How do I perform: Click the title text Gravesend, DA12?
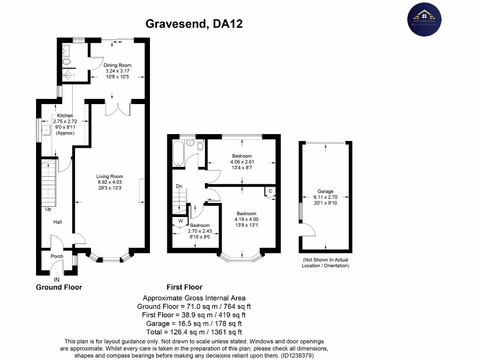[x=194, y=23]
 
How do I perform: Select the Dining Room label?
[x=117, y=65]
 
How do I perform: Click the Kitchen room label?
[x=65, y=115]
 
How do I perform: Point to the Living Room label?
[x=110, y=177]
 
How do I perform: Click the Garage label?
[x=325, y=191]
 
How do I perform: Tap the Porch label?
[x=57, y=256]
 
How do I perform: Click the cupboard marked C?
[x=270, y=191]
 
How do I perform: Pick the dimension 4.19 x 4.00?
[x=247, y=219]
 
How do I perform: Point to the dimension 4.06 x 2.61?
[x=241, y=162]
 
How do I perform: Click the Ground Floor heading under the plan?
[x=59, y=287]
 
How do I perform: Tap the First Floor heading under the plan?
[x=185, y=287]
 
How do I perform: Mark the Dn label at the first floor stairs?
[x=179, y=186]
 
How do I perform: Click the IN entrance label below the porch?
[x=57, y=280]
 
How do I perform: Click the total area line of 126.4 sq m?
[x=194, y=332]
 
